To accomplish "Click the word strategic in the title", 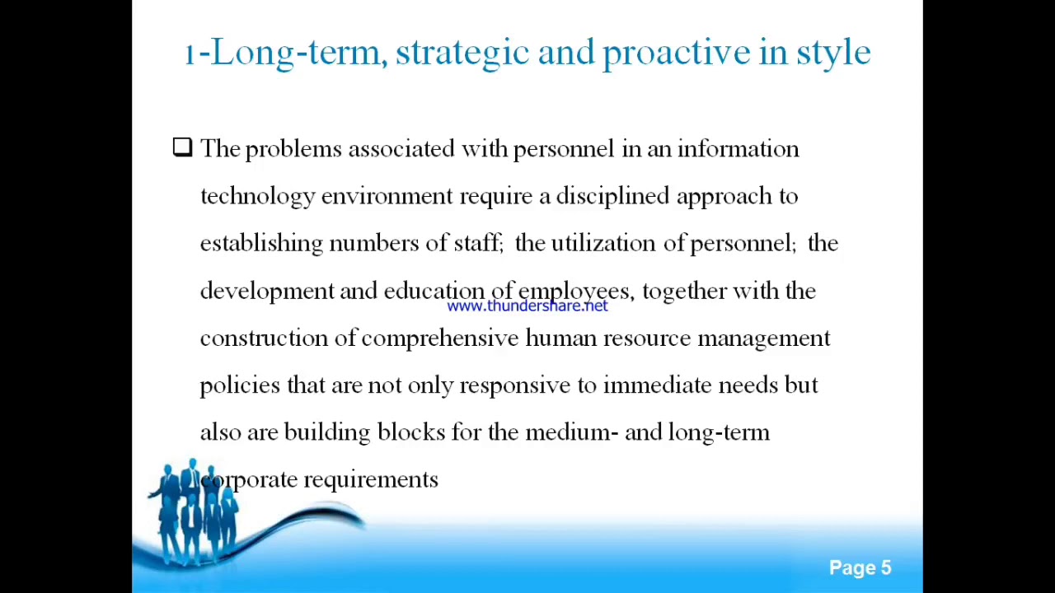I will pos(462,54).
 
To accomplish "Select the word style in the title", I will pos(832,54).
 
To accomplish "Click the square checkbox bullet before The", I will pos(182,147).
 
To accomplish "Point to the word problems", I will pos(293,149).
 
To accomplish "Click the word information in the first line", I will pos(738,149).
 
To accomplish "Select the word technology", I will pos(257,197).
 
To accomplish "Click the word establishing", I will pos(261,244).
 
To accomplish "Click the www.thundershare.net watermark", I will pos(527,306).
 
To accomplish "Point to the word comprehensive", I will pos(439,339).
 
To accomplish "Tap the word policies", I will pos(240,385).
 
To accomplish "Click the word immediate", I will pos(657,385).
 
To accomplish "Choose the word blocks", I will pos(410,432).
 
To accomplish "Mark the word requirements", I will pos(371,480).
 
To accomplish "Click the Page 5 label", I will pos(860,568).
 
